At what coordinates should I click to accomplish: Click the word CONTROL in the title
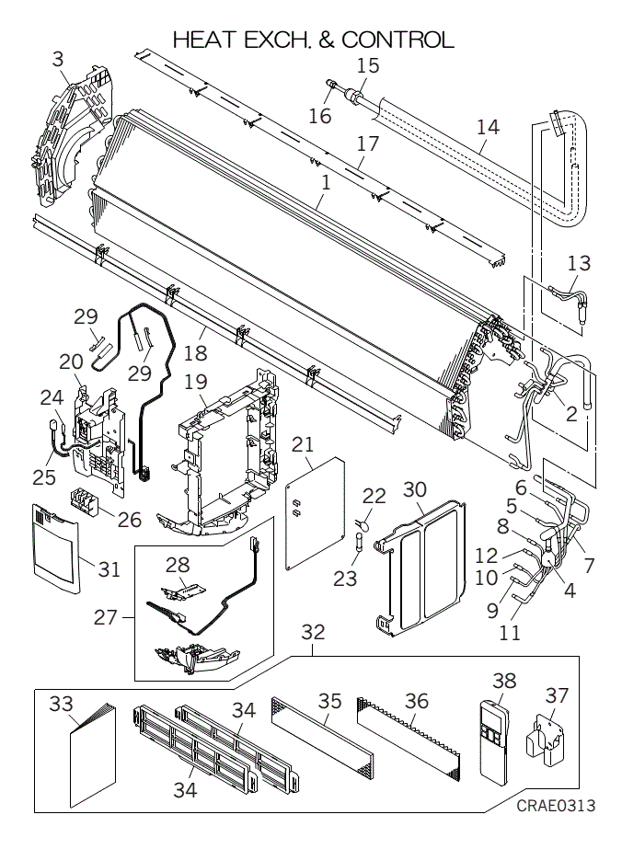397,40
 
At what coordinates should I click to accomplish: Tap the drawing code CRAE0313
556,805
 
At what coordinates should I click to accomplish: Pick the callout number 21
303,444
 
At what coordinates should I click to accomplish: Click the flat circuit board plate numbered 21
316,513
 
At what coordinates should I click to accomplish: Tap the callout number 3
58,59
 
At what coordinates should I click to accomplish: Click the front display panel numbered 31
55,547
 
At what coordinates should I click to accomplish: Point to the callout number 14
488,127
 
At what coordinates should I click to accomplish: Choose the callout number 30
415,489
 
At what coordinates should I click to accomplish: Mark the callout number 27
105,616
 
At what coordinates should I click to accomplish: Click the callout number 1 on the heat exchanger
325,183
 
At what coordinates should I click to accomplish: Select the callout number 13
579,263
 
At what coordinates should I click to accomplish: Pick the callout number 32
313,631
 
